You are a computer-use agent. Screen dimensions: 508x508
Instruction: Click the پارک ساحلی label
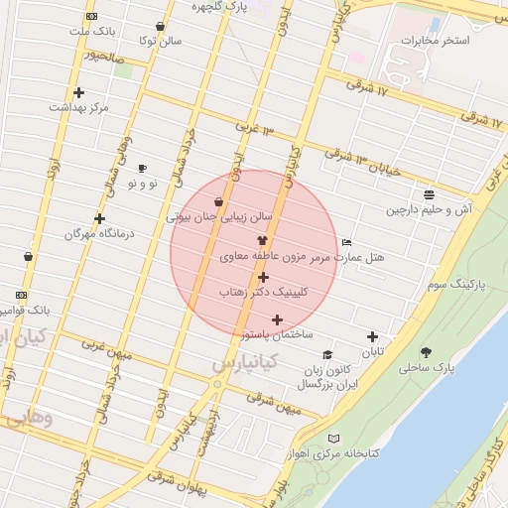pos(426,367)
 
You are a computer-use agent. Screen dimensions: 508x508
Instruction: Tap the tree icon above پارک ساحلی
pos(427,352)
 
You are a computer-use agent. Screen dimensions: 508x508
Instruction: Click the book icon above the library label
pos(333,439)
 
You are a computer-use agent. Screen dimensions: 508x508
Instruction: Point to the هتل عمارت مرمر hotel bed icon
pos(345,242)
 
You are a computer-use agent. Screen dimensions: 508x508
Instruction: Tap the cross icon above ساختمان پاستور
pos(277,319)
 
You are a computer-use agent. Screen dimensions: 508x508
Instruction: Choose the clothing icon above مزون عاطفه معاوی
pos(262,240)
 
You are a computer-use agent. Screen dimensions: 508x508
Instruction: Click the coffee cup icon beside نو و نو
pos(142,169)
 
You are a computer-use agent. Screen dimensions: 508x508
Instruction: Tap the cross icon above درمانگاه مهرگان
pos(99,218)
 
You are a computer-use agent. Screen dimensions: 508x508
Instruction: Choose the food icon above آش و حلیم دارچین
pos(428,195)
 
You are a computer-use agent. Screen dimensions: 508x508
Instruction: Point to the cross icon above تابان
pos(372,337)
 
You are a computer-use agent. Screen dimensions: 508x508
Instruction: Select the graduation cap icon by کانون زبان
pos(326,355)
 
